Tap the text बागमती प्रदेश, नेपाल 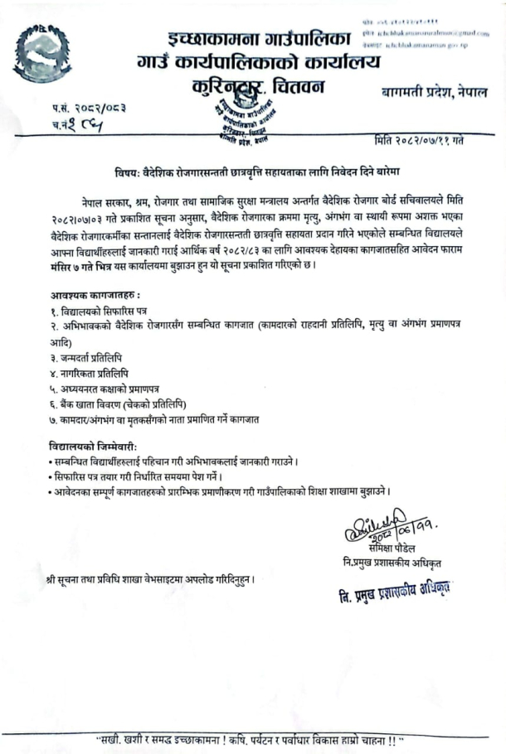coord(434,91)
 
